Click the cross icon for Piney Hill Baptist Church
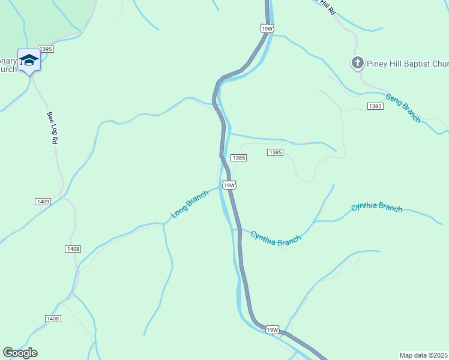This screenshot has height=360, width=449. tap(358, 62)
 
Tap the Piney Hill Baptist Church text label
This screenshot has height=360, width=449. tap(408, 63)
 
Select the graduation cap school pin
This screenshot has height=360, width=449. tap(29, 60)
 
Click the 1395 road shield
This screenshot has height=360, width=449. tap(46, 49)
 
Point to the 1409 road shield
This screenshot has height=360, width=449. tap(43, 202)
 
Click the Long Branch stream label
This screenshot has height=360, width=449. tap(189, 204)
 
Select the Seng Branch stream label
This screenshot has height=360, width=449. tap(403, 108)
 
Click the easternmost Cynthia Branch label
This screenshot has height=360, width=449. tap(377, 208)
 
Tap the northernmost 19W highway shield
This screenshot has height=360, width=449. tap(267, 28)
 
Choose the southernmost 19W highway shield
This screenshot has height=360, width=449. tap(272, 330)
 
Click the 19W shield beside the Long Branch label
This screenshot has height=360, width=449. tap(229, 185)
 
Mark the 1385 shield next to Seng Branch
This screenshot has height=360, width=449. tap(375, 106)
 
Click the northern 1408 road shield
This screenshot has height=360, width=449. tap(73, 248)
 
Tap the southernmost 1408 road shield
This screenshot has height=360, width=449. tap(53, 319)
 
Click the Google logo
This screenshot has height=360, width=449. tap(20, 353)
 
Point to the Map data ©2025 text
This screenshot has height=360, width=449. tap(423, 355)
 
